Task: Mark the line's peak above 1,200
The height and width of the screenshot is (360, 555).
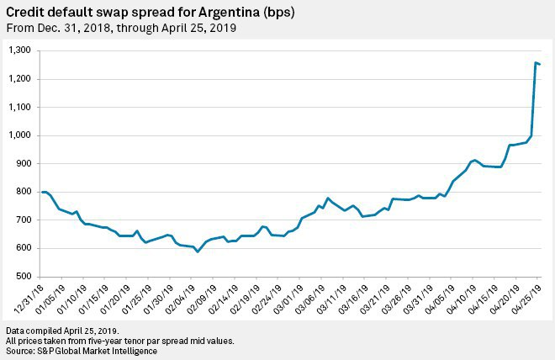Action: (536, 62)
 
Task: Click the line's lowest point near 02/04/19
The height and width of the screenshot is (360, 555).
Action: (198, 251)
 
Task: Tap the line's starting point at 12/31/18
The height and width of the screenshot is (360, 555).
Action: (42, 193)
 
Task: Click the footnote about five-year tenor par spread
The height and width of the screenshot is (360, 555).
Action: (119, 340)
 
